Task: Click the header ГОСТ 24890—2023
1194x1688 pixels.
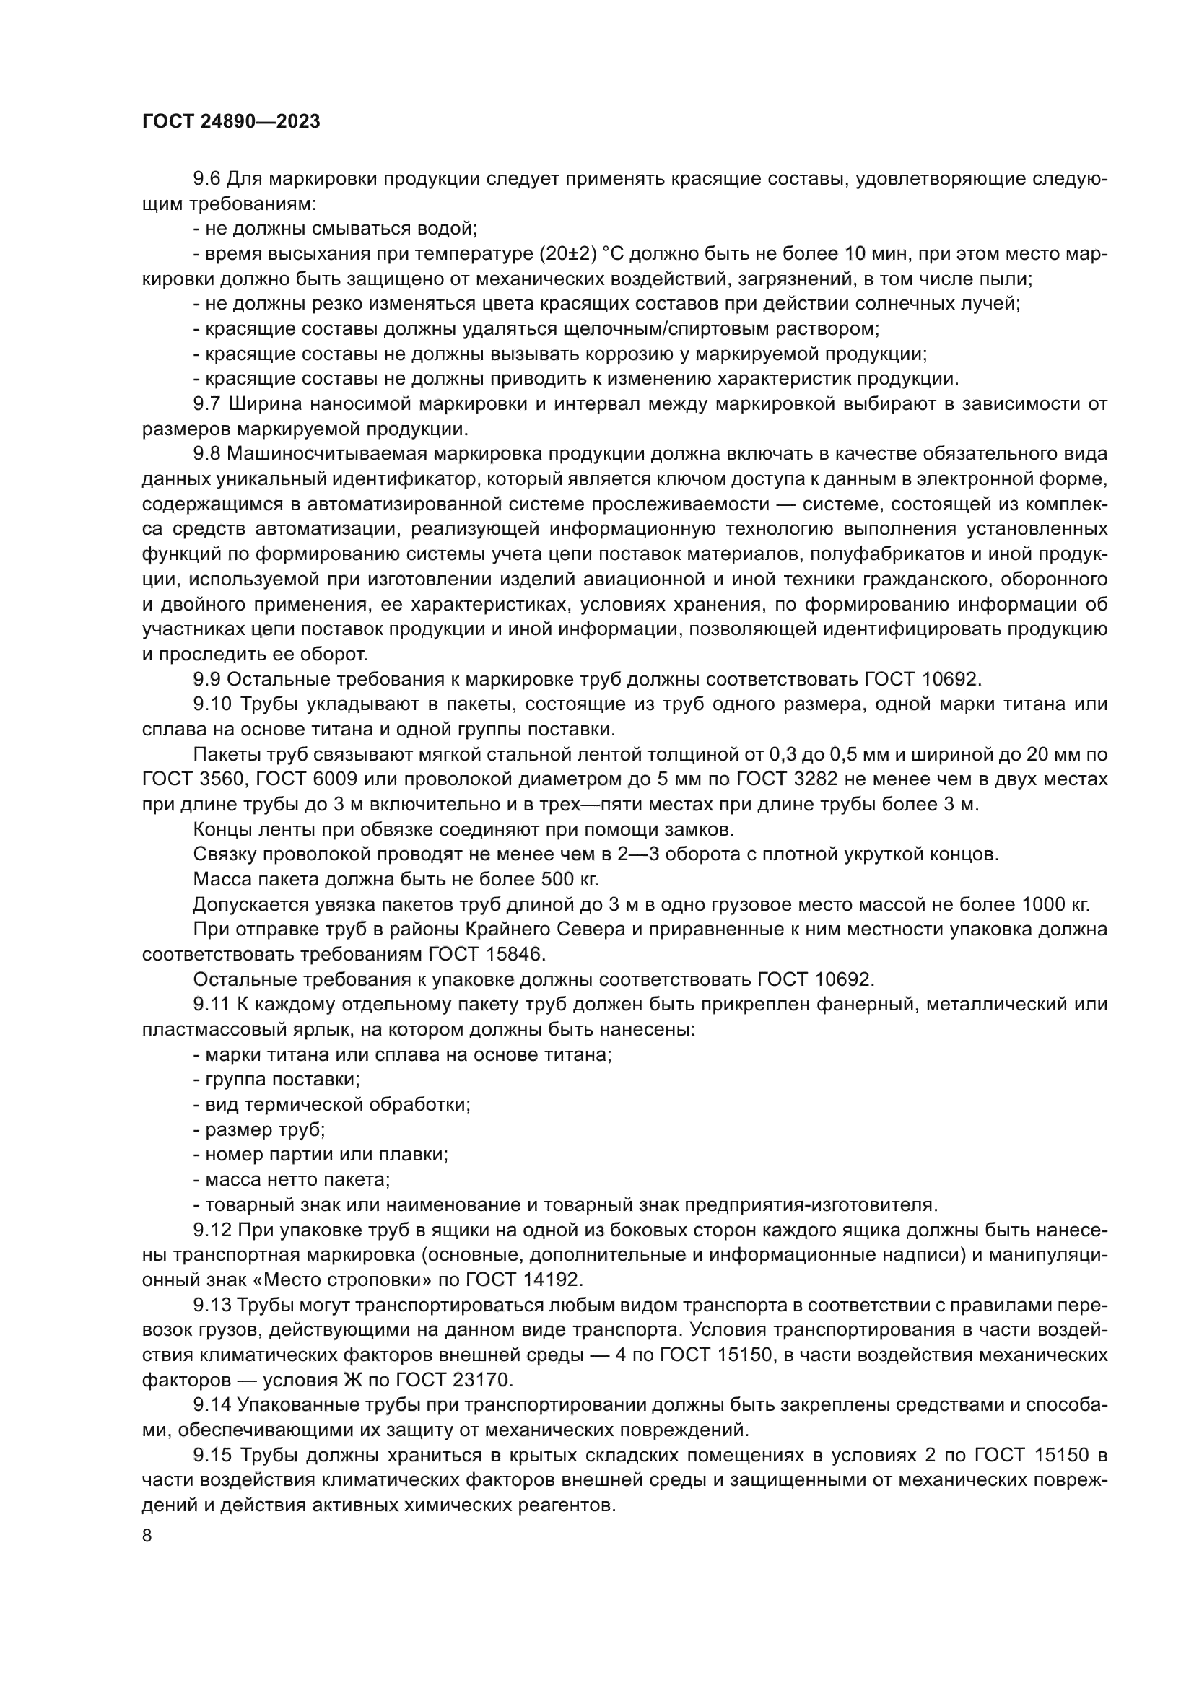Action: pos(231,122)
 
